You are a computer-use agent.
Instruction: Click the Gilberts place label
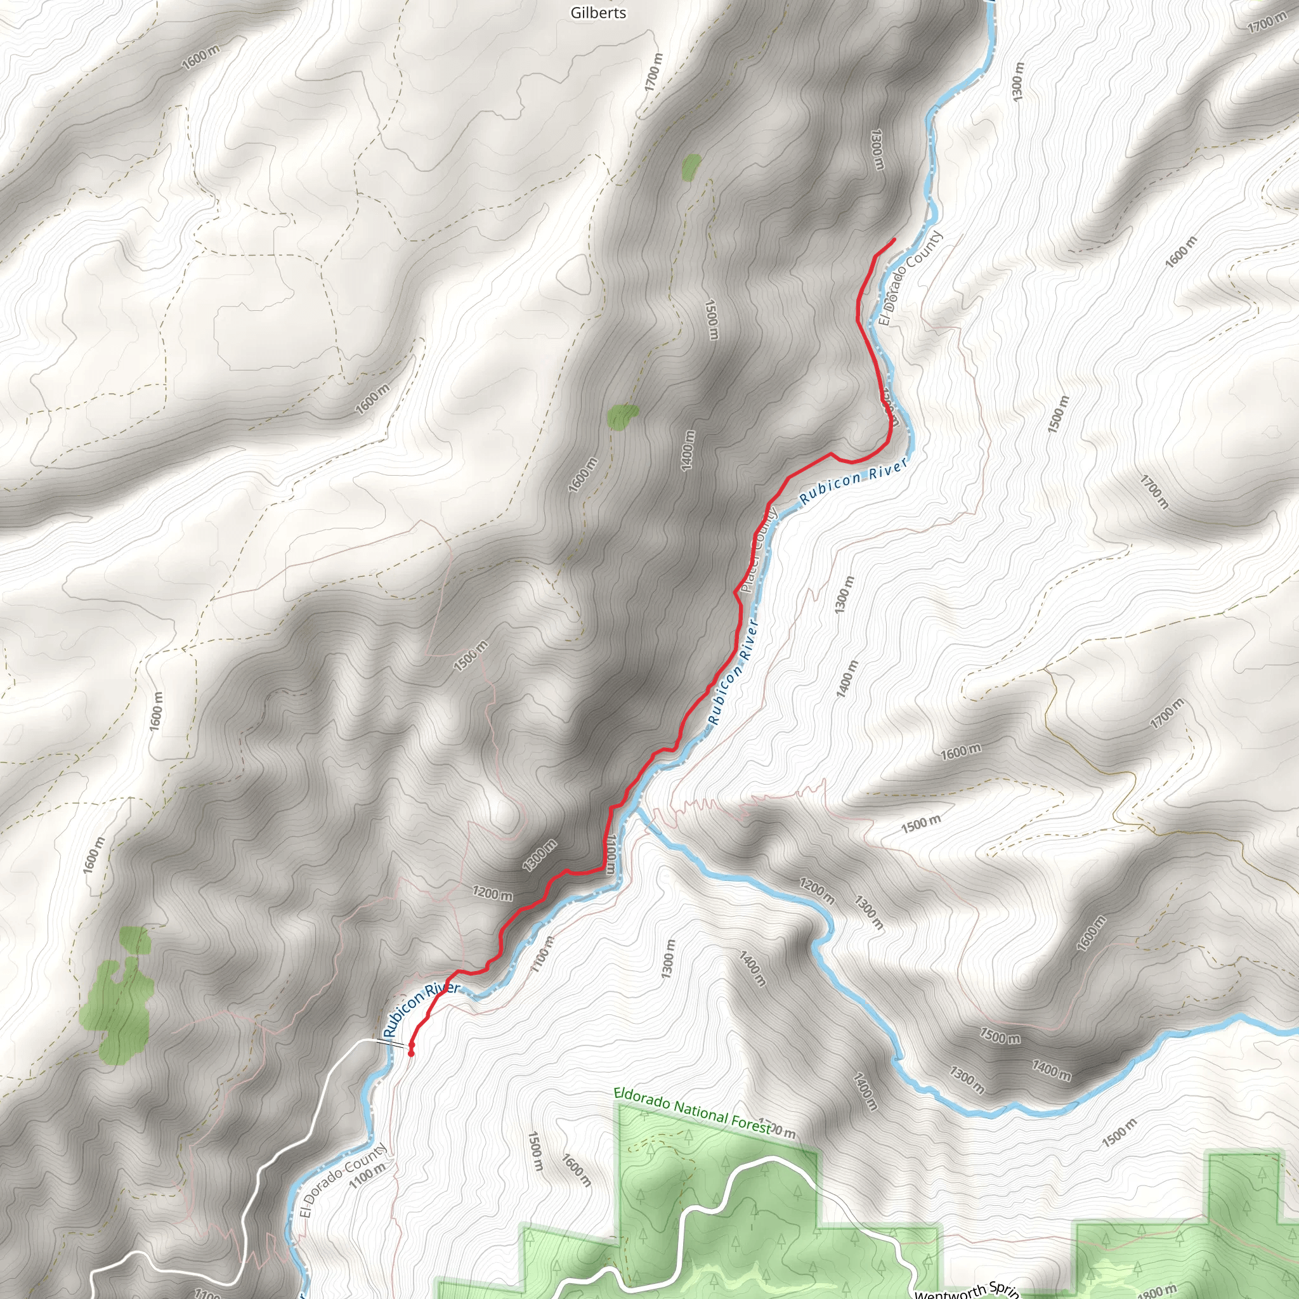pos(597,13)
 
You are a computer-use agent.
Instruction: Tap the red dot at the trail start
pos(411,1054)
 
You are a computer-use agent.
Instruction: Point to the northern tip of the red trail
pos(894,239)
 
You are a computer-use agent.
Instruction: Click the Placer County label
pos(759,551)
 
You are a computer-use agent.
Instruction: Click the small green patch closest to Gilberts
pos(691,167)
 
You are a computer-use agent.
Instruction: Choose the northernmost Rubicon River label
pos(854,480)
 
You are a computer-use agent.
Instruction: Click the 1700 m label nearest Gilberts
pos(653,72)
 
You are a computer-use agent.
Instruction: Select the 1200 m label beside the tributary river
pos(817,891)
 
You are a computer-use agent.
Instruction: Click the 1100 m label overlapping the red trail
pos(610,854)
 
